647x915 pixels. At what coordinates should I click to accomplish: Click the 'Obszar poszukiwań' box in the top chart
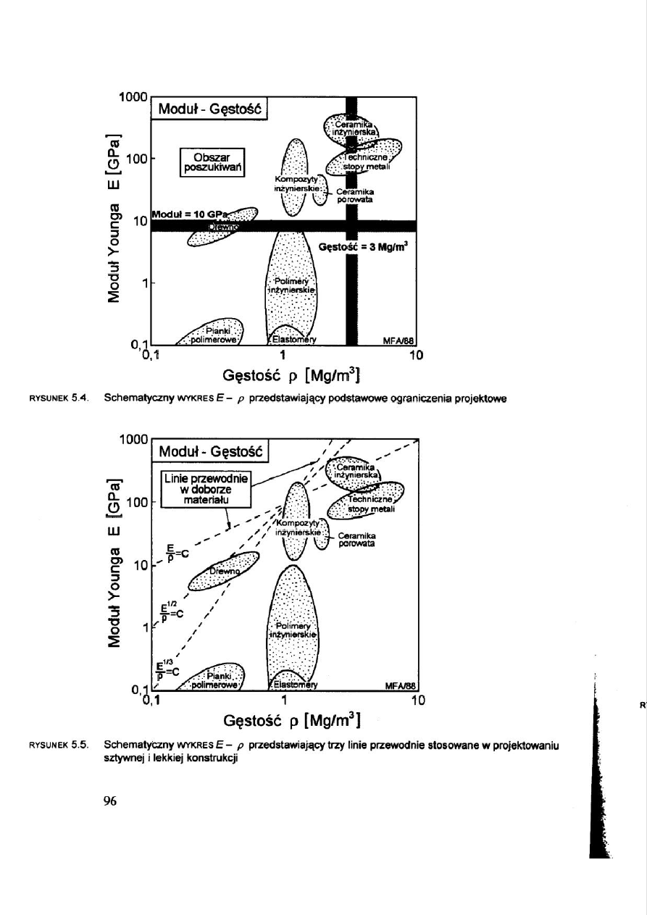click(x=213, y=163)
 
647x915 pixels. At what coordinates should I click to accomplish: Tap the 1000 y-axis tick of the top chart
click(x=134, y=97)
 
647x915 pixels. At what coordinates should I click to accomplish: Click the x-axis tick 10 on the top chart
click(x=416, y=356)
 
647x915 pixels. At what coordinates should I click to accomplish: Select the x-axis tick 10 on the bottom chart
click(x=416, y=700)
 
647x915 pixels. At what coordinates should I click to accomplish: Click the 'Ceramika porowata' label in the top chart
click(x=355, y=196)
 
